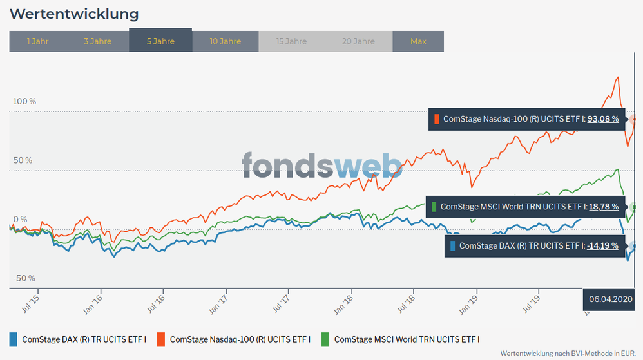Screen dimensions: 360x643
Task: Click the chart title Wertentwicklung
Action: point(74,14)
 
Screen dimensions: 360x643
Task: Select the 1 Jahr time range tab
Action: point(37,41)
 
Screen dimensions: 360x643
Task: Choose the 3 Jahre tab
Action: point(97,41)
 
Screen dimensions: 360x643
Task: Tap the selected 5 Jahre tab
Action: point(160,41)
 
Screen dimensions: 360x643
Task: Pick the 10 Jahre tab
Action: point(226,41)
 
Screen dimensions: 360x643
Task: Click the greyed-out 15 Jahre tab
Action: point(291,41)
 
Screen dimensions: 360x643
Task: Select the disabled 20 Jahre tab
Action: point(359,41)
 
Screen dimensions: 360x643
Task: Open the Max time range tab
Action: point(418,41)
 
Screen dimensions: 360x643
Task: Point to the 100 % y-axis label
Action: point(25,102)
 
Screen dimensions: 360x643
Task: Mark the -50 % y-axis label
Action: point(24,278)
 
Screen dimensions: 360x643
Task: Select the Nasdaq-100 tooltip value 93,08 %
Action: point(603,119)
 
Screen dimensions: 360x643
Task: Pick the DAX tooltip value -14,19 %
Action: point(602,245)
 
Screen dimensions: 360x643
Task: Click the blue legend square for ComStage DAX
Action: point(14,339)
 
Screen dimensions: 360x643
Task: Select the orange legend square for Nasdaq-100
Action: point(161,339)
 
